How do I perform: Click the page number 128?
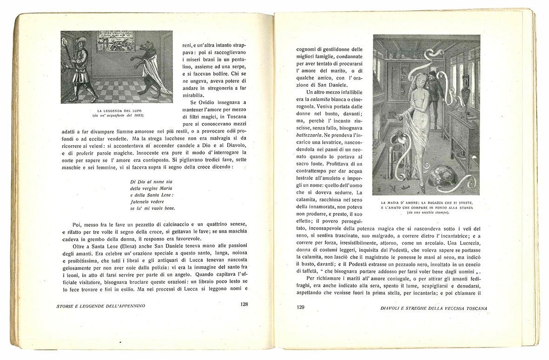click(x=243, y=305)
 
